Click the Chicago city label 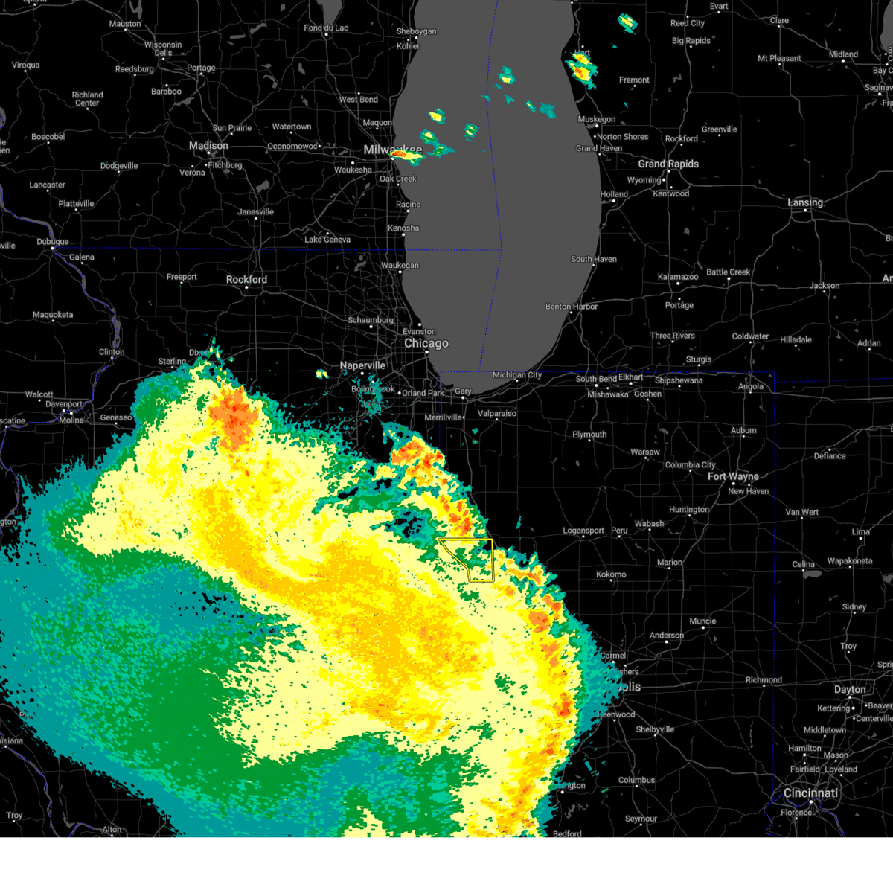click(426, 343)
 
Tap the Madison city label click(208, 146)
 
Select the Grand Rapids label click(668, 164)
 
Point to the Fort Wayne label click(733, 476)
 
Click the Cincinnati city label click(810, 793)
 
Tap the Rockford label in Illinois click(246, 280)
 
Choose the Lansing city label click(805, 202)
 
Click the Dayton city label click(850, 690)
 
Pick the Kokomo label click(611, 574)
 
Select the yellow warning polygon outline click(491, 558)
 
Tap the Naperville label click(362, 365)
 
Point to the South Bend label click(596, 379)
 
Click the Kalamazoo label click(678, 277)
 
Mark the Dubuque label click(52, 242)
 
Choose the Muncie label click(702, 621)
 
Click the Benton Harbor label click(572, 307)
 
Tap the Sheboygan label click(416, 31)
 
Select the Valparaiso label click(496, 414)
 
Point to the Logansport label click(583, 531)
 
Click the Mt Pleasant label click(779, 58)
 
